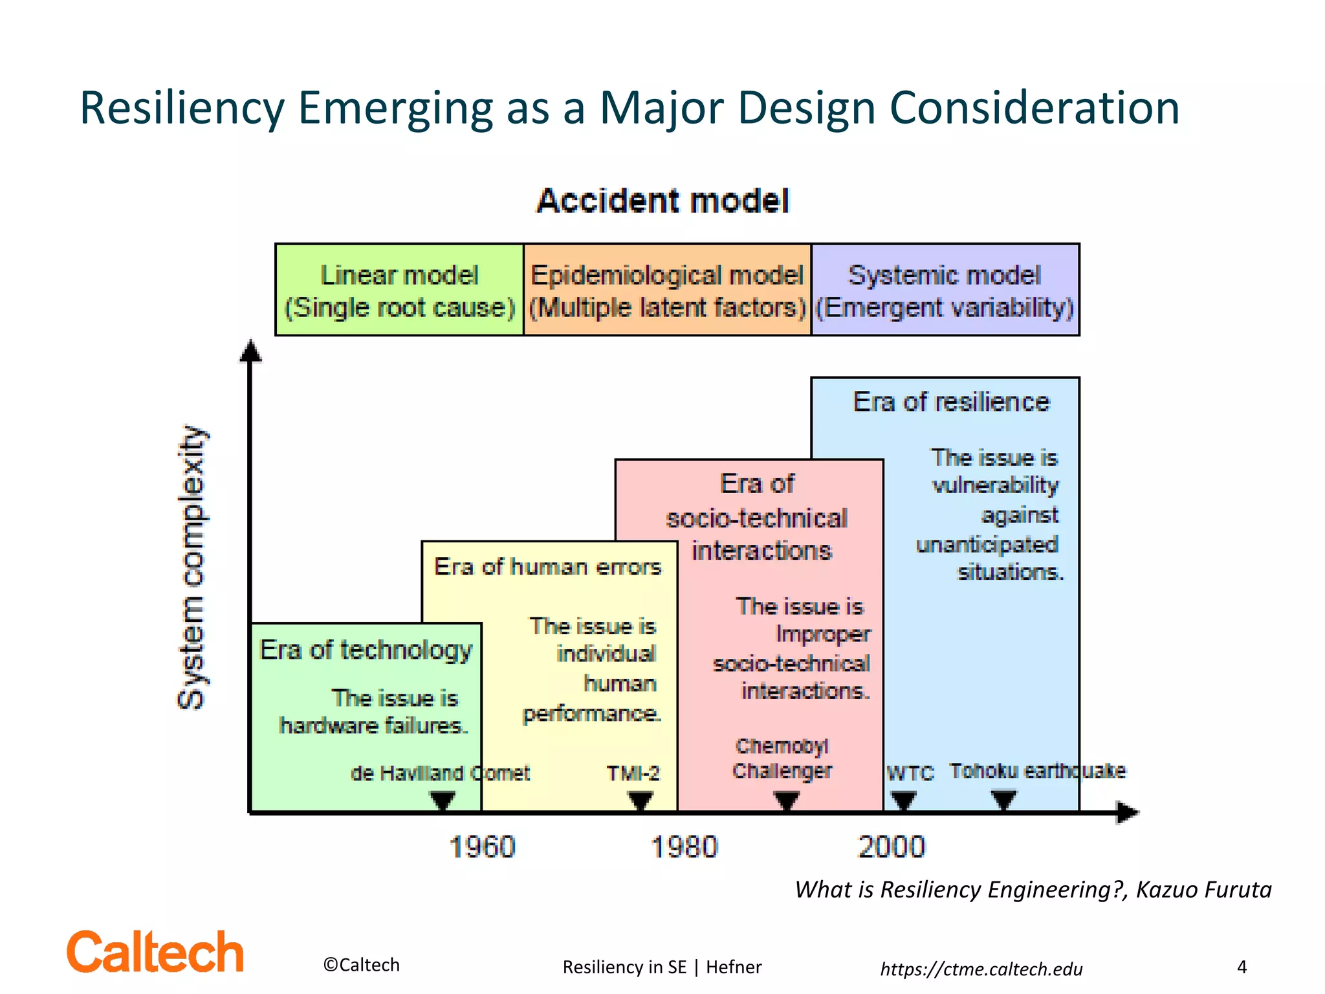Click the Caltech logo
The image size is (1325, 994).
point(155,951)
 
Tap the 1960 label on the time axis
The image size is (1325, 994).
point(482,847)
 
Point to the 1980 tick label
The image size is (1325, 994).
point(684,847)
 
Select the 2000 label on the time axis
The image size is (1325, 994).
point(892,847)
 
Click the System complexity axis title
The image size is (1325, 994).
point(192,568)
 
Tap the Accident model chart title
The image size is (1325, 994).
point(663,201)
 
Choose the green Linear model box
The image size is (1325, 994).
point(400,290)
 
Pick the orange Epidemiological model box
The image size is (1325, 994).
point(667,290)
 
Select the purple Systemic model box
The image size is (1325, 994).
point(945,290)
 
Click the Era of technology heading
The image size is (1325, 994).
point(366,650)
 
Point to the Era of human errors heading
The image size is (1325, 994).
point(547,567)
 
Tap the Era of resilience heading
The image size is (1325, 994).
point(951,402)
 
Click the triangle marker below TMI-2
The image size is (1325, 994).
point(640,801)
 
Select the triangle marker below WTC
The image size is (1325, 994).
point(903,801)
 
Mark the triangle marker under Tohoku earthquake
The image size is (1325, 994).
point(1003,801)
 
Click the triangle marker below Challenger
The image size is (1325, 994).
point(787,801)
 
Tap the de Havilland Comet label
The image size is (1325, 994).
point(440,773)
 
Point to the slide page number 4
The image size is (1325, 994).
point(1242,967)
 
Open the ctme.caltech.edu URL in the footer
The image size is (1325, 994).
point(981,969)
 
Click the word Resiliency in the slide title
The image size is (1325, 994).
point(182,107)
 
